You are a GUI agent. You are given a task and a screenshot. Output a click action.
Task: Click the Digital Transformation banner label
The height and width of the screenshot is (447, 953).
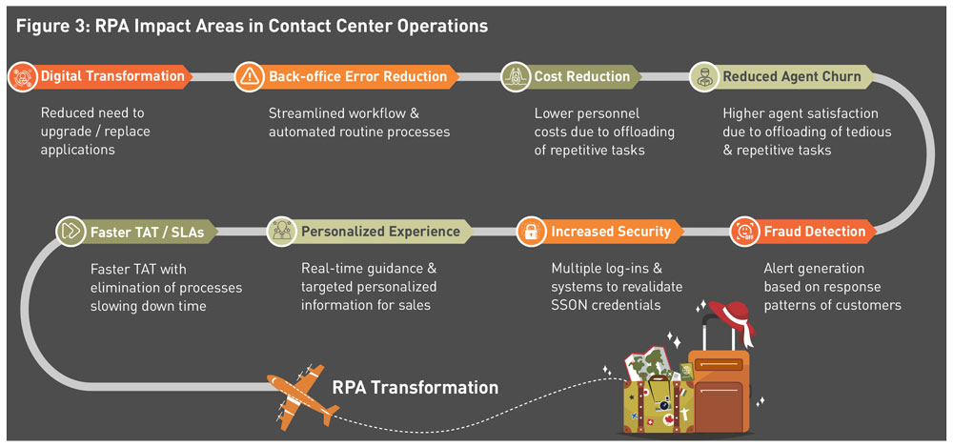(112, 76)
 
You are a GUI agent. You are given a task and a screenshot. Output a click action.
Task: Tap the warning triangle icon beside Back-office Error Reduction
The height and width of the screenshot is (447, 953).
(250, 76)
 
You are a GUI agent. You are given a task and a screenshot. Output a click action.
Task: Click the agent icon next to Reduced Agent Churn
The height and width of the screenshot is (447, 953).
(703, 76)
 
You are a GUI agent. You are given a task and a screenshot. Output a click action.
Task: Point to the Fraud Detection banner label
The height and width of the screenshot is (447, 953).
(814, 232)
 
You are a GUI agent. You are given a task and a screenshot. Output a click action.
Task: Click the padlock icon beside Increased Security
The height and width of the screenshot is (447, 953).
(531, 232)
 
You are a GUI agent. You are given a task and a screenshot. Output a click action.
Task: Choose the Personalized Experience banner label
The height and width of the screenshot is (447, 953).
(380, 232)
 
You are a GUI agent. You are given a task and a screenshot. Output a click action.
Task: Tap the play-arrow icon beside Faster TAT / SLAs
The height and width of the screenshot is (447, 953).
(70, 232)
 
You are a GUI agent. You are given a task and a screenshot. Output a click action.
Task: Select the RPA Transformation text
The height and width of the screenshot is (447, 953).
(415, 388)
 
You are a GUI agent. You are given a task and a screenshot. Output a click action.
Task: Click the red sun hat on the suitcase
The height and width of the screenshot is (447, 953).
(731, 320)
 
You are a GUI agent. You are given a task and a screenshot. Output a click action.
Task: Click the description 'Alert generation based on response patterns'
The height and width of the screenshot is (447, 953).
(832, 288)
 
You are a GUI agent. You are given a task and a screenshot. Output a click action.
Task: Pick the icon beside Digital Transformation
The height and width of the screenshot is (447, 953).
(21, 76)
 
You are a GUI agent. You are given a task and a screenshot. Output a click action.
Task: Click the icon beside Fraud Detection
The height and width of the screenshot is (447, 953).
(744, 232)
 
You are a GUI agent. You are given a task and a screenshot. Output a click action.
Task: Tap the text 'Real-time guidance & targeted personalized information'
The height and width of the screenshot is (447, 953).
(369, 288)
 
